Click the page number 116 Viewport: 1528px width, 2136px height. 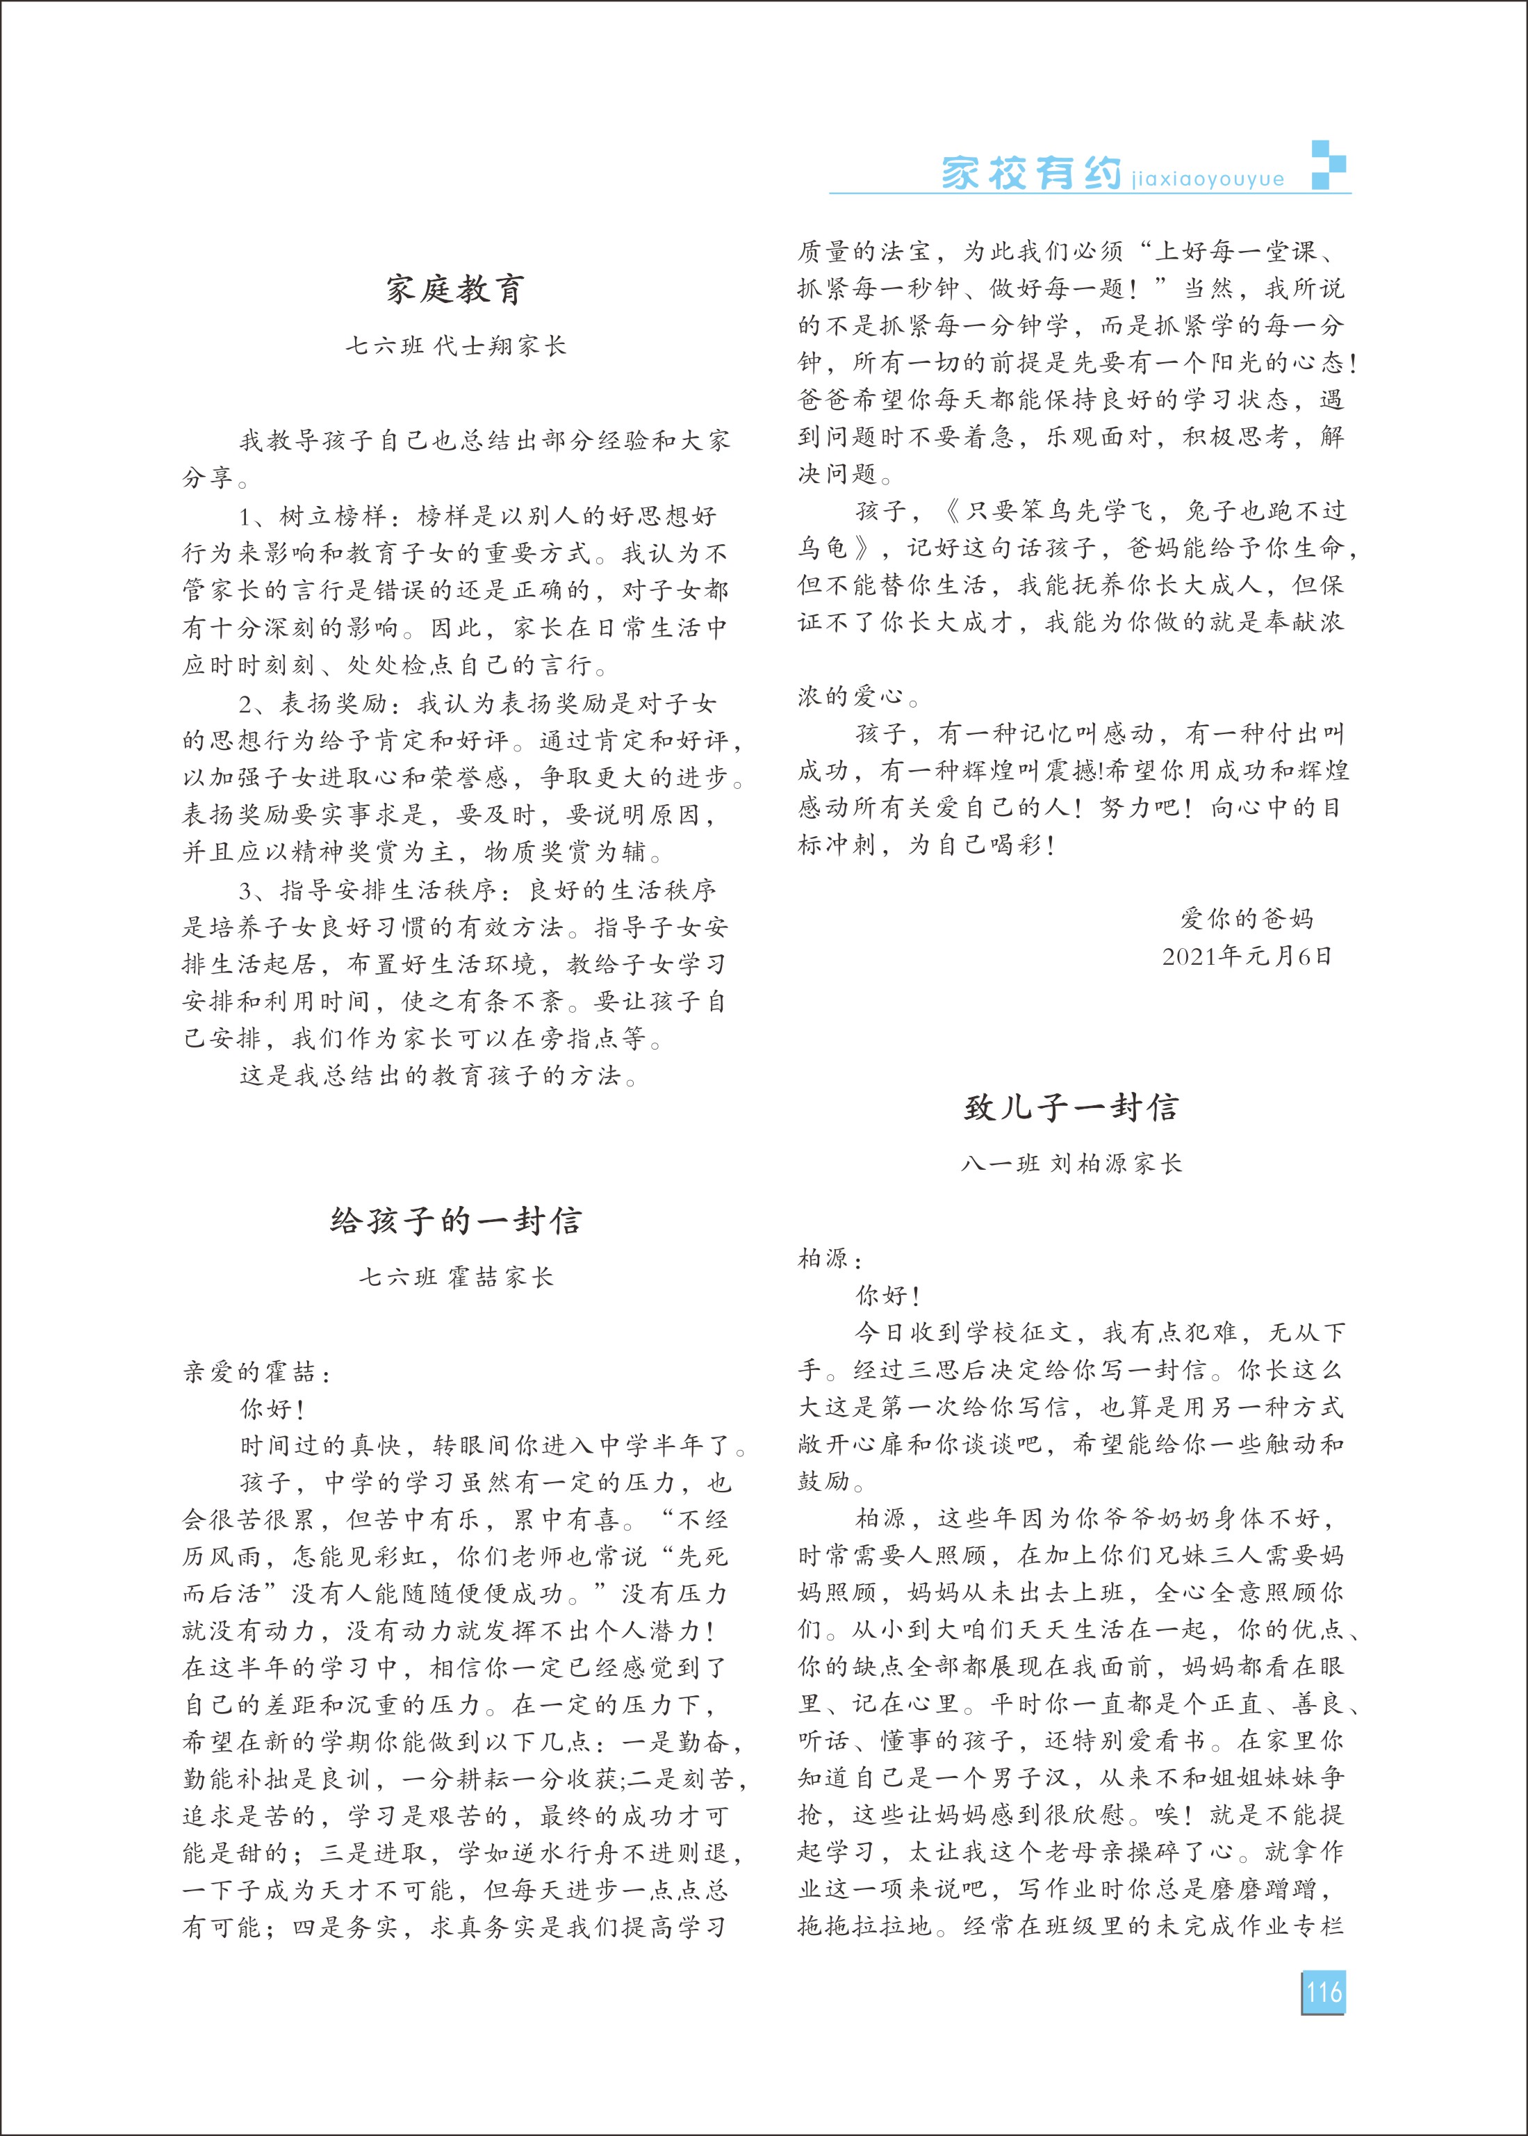click(x=1323, y=1992)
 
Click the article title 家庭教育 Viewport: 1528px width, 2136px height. click(x=455, y=289)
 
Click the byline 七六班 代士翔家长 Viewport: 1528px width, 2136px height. click(x=455, y=346)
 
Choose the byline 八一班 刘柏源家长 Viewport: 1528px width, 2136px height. click(x=1071, y=1164)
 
